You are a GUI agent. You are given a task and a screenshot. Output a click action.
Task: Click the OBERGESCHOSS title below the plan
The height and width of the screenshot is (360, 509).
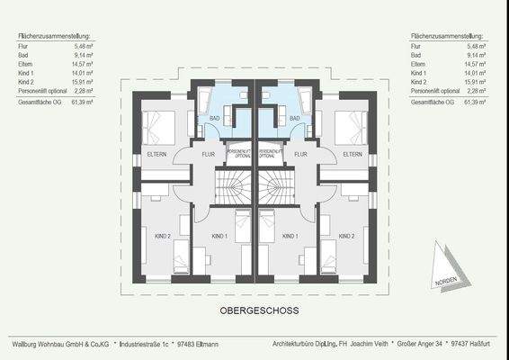point(259,310)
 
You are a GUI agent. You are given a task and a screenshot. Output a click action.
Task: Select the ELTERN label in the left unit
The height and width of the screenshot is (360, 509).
point(156,154)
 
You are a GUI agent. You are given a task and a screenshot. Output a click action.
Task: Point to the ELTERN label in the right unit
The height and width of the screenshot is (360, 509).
point(353,154)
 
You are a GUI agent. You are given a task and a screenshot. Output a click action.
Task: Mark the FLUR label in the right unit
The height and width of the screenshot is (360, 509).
point(302,154)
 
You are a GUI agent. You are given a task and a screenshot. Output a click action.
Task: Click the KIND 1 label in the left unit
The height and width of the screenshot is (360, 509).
point(219,236)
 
